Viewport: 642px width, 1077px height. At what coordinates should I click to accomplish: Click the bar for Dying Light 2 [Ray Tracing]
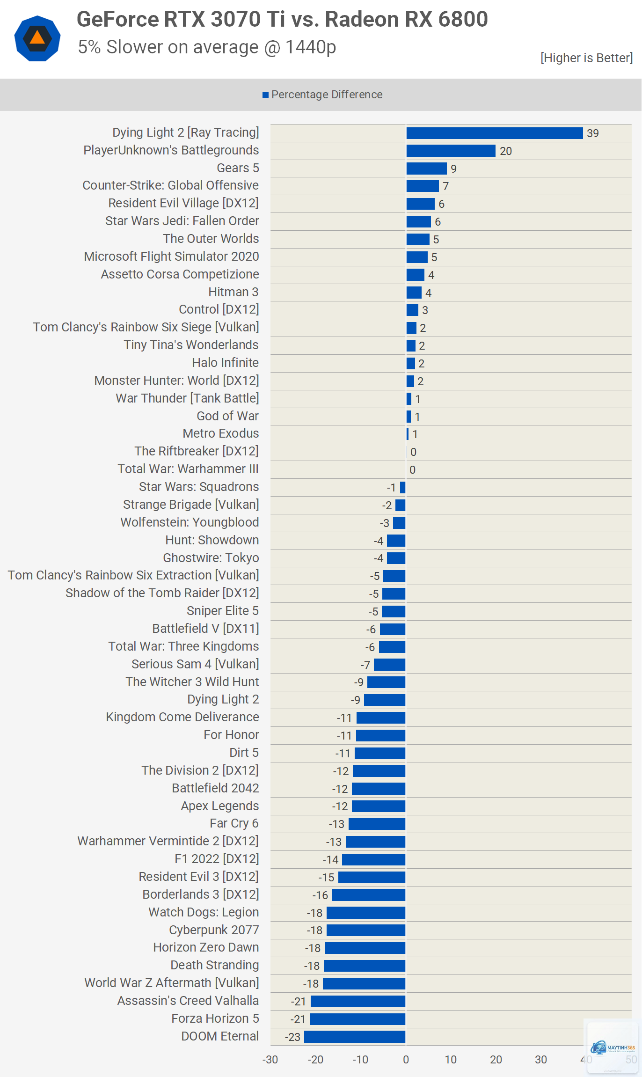point(495,133)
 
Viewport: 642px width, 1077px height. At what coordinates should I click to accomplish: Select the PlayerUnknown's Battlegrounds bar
point(451,151)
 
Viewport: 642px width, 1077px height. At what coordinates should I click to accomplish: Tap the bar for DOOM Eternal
point(355,1037)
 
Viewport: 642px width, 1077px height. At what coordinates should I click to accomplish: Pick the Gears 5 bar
point(426,169)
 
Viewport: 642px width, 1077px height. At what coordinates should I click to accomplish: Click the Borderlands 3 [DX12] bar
point(369,895)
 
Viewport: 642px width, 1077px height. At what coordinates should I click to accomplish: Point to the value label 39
point(593,133)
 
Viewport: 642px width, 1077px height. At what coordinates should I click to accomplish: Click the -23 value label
point(292,1037)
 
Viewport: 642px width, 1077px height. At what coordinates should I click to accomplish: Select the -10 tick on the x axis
point(360,1059)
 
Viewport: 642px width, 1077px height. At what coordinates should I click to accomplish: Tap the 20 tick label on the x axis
point(496,1059)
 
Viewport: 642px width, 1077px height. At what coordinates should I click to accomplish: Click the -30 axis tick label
point(270,1059)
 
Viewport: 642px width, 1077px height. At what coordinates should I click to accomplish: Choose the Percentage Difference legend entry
point(322,95)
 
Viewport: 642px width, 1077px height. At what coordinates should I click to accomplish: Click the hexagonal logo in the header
point(37,38)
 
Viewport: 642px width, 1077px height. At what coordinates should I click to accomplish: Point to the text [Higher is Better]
point(586,58)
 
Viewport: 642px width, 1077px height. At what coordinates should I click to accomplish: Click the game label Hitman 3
point(233,292)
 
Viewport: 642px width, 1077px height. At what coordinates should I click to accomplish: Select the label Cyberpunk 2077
point(214,930)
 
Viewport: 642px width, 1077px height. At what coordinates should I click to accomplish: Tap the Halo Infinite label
point(226,363)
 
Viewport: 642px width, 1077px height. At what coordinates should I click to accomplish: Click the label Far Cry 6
point(234,823)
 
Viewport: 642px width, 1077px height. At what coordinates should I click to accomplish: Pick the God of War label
point(228,416)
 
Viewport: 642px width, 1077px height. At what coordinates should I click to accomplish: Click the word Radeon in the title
point(362,20)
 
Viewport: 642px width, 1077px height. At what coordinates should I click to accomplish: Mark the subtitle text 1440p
point(311,47)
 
